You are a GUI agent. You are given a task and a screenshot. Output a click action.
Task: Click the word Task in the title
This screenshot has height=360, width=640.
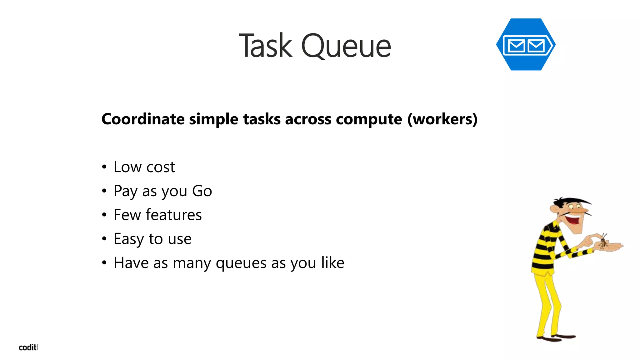tap(266, 46)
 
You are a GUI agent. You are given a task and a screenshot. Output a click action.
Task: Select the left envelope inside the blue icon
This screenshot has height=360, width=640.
tap(516, 46)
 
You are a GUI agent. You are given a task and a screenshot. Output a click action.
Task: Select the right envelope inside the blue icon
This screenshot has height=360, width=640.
tap(536, 46)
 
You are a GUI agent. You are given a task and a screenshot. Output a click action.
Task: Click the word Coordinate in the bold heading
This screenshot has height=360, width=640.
tap(143, 119)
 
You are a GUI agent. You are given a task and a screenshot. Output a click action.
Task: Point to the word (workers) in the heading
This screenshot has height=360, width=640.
tap(442, 119)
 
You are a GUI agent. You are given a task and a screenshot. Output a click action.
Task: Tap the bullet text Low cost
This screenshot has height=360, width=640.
tap(144, 167)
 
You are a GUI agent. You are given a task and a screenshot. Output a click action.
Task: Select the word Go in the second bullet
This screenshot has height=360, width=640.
tap(202, 191)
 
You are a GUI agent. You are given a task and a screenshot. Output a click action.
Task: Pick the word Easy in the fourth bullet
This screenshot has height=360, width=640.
tap(128, 239)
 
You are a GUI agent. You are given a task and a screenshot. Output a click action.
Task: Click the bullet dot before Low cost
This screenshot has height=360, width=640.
tap(104, 167)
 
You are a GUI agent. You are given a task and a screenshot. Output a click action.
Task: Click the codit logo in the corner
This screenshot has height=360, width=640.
tap(28, 347)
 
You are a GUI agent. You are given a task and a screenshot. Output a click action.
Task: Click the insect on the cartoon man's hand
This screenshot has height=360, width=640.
tap(603, 242)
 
